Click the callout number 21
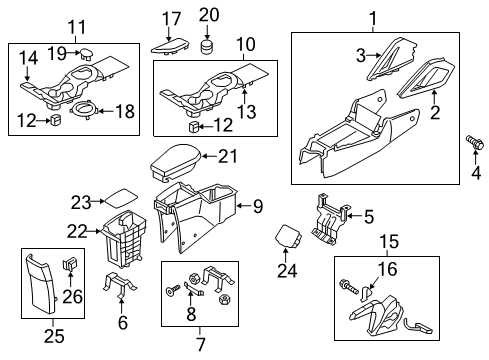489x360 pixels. pyautogui.click(x=228, y=156)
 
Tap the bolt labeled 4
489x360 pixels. pyautogui.click(x=474, y=142)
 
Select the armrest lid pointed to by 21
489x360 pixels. pyautogui.click(x=176, y=163)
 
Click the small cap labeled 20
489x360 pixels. pyautogui.click(x=207, y=46)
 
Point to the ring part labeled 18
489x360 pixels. pyautogui.click(x=84, y=111)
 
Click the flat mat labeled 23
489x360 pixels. pyautogui.click(x=121, y=198)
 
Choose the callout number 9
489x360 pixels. pyautogui.click(x=258, y=206)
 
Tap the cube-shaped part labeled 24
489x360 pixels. pyautogui.click(x=288, y=236)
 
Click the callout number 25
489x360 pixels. pyautogui.click(x=54, y=336)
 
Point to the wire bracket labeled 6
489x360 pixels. pyautogui.click(x=119, y=284)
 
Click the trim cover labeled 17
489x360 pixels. pyautogui.click(x=170, y=46)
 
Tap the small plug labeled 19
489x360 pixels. pyautogui.click(x=86, y=53)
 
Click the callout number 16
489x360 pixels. pyautogui.click(x=388, y=269)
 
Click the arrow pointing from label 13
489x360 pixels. pyautogui.click(x=244, y=95)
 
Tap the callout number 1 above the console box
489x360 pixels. pyautogui.click(x=373, y=18)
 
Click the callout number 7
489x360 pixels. pyautogui.click(x=200, y=344)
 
